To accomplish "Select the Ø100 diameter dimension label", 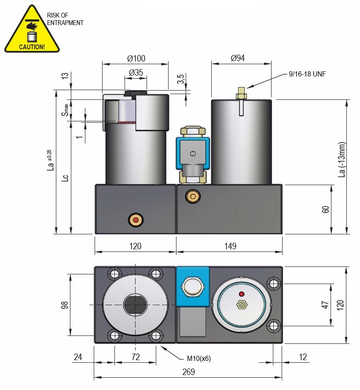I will coord(136,58).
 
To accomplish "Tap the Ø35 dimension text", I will coord(136,73).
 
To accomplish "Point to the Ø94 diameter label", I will coord(238,58).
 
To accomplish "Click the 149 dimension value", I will coord(230,246).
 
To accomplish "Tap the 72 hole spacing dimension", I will coord(136,357).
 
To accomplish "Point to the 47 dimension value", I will coord(325,305).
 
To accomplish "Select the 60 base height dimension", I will coord(326,209).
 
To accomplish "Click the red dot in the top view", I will coord(241,294).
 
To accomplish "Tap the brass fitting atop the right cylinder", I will coord(241,93).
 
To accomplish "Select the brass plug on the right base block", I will coord(192,195).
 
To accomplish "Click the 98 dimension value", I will coord(65,305).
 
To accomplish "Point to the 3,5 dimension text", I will coord(181,79).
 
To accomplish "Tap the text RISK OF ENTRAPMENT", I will coord(65,19).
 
